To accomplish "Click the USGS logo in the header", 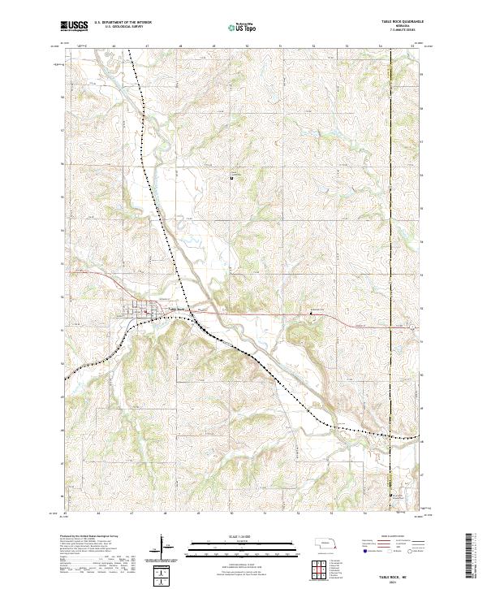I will [x=75, y=27].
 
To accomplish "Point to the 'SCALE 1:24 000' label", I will [x=232, y=537].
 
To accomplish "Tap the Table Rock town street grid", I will [x=146, y=309].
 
